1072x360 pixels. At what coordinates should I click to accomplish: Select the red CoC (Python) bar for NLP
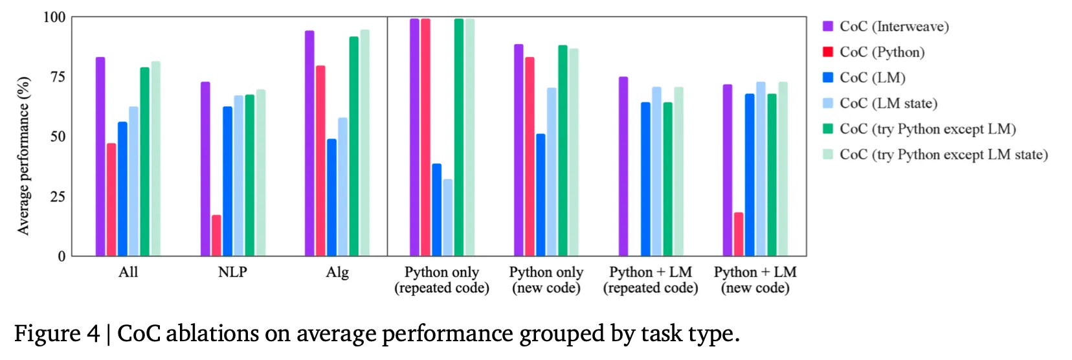[x=216, y=236]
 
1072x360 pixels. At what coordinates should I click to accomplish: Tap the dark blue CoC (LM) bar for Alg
[x=331, y=197]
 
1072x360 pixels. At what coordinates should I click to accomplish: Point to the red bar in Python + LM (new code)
[x=739, y=234]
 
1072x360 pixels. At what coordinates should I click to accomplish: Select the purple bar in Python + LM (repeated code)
[x=623, y=166]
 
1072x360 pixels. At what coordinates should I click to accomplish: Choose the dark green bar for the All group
[x=144, y=162]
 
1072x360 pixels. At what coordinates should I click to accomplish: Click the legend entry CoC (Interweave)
[x=894, y=27]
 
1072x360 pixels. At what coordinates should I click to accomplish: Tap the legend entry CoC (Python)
[x=882, y=52]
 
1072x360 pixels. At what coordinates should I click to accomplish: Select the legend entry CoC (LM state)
[x=888, y=103]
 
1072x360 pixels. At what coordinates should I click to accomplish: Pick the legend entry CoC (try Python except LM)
[x=927, y=129]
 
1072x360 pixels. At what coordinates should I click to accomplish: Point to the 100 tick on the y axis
[x=54, y=17]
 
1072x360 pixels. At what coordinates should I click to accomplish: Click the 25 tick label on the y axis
[x=58, y=197]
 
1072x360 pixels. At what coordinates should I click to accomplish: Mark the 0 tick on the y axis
[x=61, y=256]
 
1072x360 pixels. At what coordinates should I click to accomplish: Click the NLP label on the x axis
[x=232, y=272]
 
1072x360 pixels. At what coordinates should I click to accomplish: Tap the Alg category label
[x=337, y=272]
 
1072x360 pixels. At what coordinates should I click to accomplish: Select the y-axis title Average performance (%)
[x=24, y=156]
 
